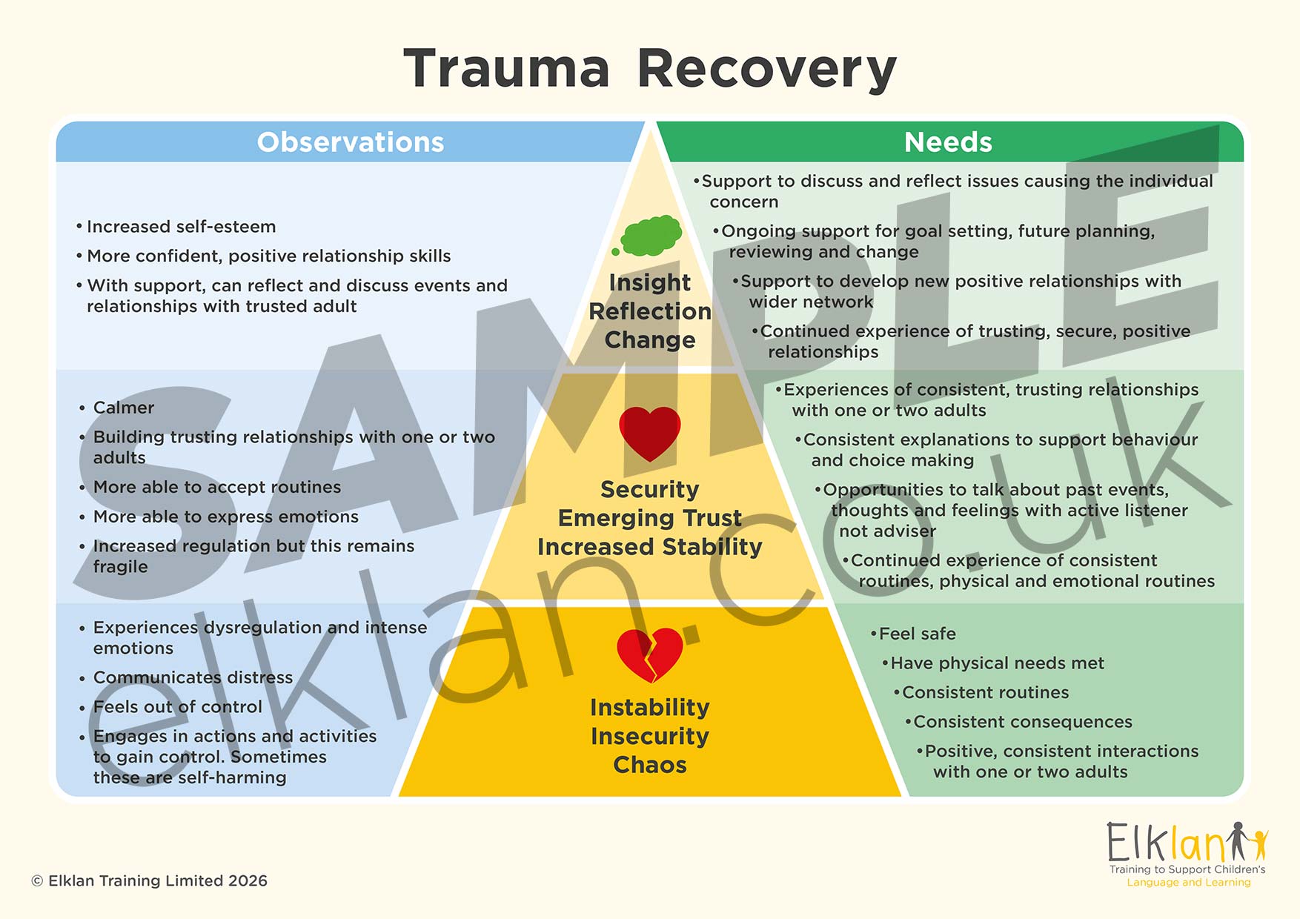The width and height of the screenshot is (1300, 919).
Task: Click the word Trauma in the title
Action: point(506,68)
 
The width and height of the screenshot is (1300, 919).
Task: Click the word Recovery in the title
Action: point(766,68)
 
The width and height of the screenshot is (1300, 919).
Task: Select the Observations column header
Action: point(350,142)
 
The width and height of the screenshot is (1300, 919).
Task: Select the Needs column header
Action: point(947,142)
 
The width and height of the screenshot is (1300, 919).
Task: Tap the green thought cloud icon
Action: point(650,236)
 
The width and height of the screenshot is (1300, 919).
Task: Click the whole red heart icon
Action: point(649,433)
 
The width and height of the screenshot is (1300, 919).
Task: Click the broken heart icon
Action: point(649,654)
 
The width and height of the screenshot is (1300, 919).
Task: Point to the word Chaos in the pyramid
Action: point(649,765)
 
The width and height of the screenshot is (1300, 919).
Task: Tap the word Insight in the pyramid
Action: point(649,282)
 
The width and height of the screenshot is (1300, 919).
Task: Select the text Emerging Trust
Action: point(649,518)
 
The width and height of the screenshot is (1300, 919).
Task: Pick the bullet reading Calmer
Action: point(123,408)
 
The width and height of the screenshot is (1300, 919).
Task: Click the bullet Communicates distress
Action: point(193,677)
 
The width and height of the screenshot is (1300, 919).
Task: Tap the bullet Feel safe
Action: point(917,634)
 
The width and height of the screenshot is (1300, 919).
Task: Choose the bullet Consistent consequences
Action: point(1022,722)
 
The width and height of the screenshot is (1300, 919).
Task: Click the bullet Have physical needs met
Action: point(997,663)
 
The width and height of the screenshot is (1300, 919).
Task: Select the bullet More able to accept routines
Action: point(216,487)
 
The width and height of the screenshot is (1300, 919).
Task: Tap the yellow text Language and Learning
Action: point(1188,883)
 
